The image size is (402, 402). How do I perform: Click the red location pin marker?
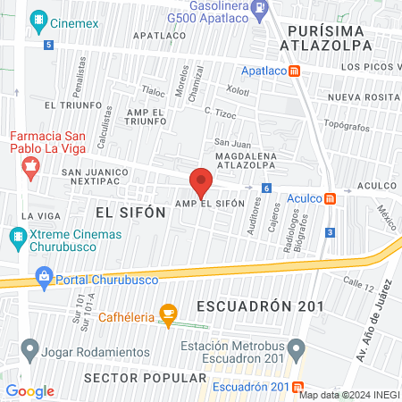[x=201, y=182]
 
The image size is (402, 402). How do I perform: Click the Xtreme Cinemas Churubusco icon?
[x=16, y=239]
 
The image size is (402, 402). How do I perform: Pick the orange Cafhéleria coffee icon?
[x=166, y=312]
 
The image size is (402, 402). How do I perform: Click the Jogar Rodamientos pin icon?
[x=30, y=346]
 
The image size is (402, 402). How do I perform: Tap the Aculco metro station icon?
[x=330, y=198]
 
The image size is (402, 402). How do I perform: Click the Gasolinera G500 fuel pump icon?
[x=260, y=9]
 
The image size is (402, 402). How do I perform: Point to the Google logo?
[x=29, y=390]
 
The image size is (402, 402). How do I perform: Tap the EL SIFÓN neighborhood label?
[x=130, y=212]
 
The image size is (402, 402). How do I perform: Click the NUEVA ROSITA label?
[x=360, y=96]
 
